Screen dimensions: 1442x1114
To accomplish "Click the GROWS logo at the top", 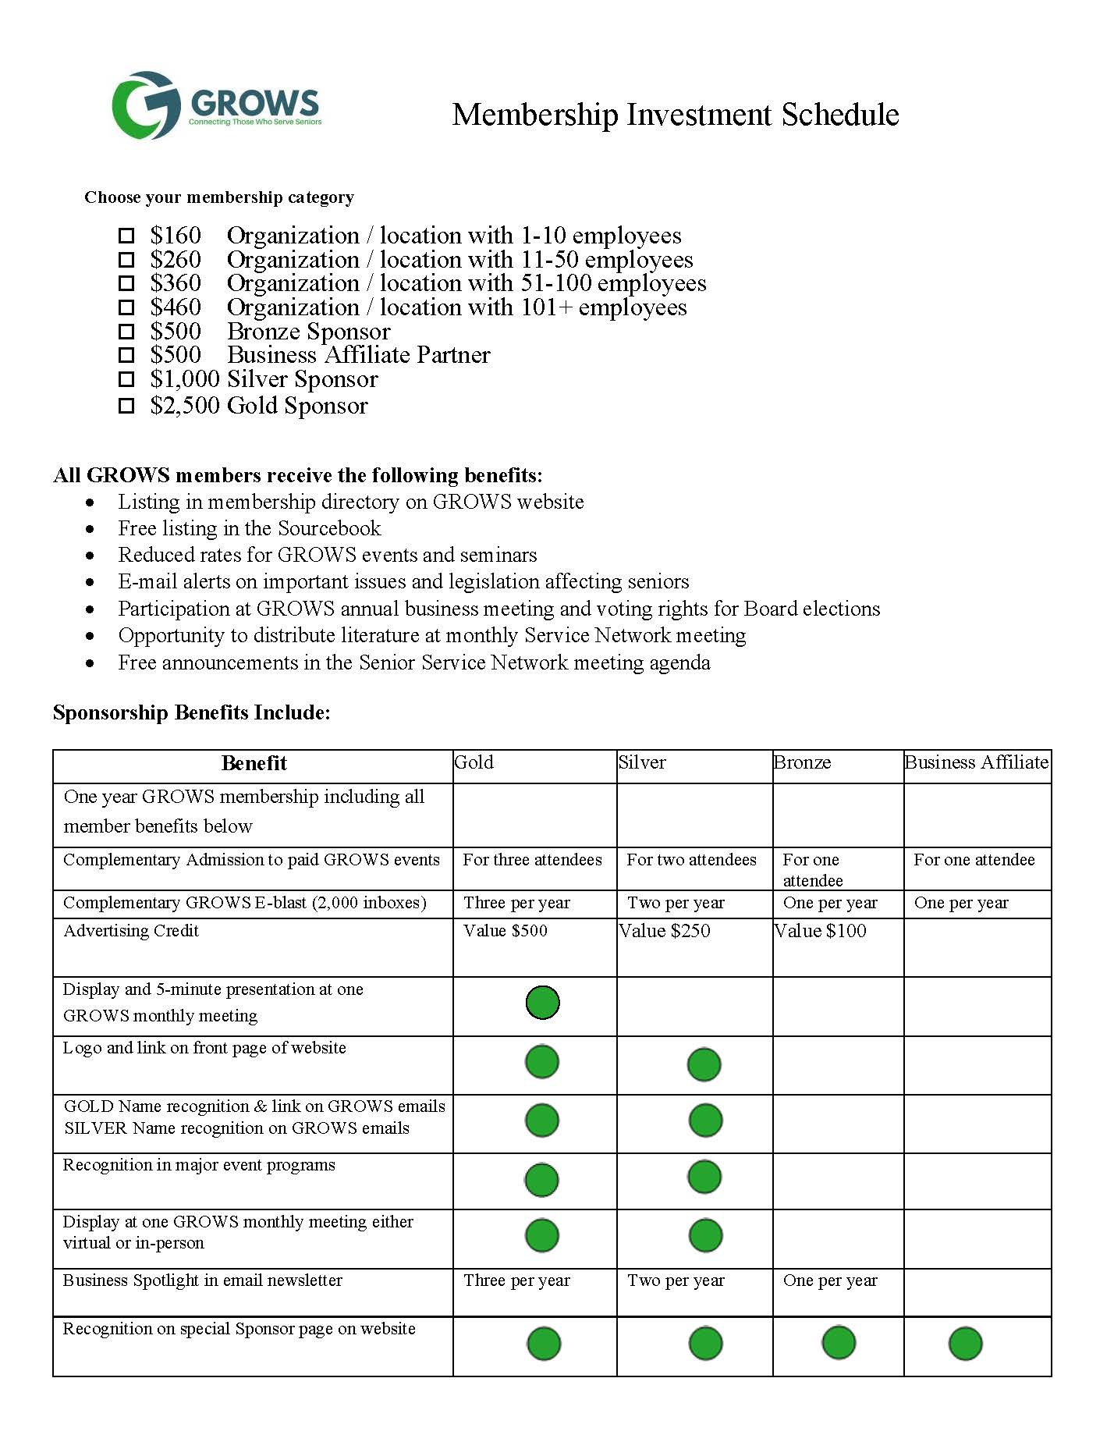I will point(217,105).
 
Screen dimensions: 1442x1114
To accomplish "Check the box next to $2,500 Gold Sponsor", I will point(126,406).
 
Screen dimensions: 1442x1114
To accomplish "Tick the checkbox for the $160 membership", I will point(126,236).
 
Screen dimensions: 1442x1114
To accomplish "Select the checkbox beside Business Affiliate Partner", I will point(126,356).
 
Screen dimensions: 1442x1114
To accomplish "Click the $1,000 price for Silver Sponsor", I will point(185,380).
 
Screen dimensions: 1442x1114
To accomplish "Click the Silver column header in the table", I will point(642,762).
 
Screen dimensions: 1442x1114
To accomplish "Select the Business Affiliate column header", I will point(976,762).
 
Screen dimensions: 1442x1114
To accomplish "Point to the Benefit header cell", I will point(254,763).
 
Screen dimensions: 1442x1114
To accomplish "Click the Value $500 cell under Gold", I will point(506,931).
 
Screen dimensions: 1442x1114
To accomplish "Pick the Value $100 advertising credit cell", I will point(821,931).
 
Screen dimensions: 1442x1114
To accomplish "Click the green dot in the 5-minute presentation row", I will point(542,1003).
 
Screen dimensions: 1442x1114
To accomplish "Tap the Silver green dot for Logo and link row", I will point(704,1065).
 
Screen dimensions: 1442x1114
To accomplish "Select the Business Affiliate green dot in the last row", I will point(965,1344).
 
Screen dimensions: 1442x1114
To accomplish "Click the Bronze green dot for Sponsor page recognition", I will point(839,1343).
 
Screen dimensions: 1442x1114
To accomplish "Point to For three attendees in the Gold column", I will point(532,860).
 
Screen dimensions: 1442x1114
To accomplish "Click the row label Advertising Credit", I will point(131,931).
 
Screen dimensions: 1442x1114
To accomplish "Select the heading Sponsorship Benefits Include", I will point(192,712).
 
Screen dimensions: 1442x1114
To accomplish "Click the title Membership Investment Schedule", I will point(676,115).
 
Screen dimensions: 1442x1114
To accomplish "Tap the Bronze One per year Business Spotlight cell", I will point(830,1280).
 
